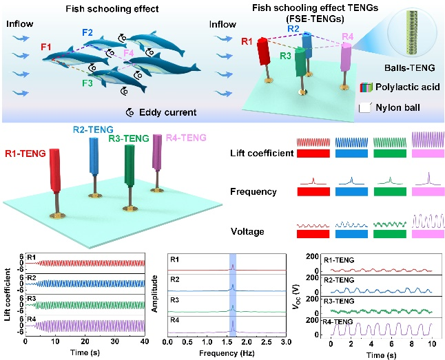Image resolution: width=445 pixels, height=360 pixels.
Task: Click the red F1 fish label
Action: point(46,47)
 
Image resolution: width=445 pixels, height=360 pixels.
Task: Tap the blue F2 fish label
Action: point(87,32)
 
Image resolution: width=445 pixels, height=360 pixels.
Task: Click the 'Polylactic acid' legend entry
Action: point(408,87)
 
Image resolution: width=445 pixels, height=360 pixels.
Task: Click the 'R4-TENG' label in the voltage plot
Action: point(340,321)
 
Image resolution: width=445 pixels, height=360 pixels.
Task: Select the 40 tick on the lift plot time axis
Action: point(143,341)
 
